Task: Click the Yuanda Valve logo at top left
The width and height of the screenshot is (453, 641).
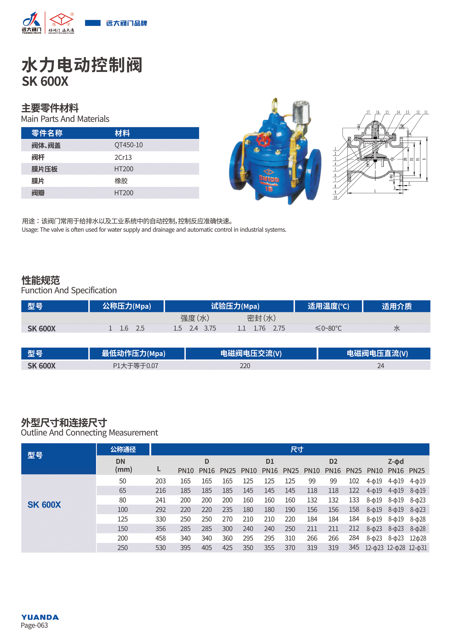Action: pos(32,23)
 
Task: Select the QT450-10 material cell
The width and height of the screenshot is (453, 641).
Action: pos(128,145)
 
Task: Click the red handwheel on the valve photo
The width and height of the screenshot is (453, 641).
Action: pos(262,140)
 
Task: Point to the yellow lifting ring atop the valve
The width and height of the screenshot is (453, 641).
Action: pos(275,105)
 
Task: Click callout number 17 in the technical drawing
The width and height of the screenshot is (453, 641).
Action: pos(368,112)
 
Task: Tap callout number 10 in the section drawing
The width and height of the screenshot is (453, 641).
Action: pos(335,197)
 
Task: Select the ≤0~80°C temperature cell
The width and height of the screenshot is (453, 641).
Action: pos(328,328)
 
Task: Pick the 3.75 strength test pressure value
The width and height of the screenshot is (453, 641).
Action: pos(210,328)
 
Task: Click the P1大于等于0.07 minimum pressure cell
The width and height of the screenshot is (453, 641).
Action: pos(136,366)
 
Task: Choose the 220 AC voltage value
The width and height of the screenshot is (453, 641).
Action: pos(245,366)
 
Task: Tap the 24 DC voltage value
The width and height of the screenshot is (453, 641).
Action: pos(380,366)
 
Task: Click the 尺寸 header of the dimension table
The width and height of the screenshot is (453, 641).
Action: pos(297,450)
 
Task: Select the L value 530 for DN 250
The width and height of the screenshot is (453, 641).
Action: pos(161,548)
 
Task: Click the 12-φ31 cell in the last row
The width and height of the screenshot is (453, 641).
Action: pos(418,548)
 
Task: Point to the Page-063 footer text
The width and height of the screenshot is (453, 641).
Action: pos(34,625)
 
